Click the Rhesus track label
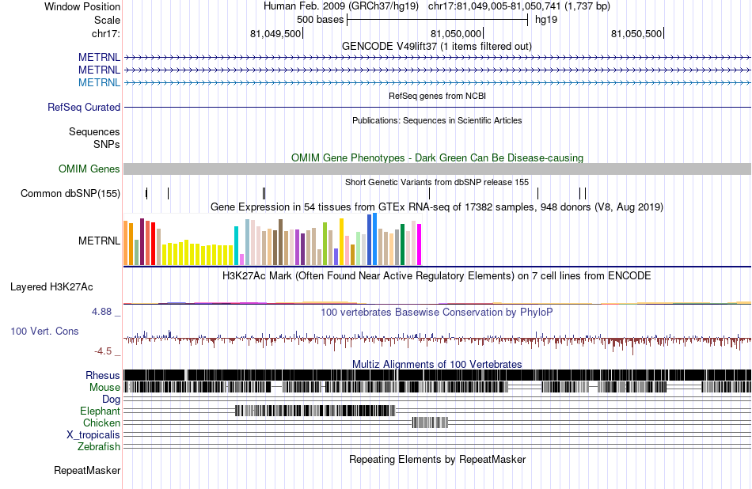point(103,375)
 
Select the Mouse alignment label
point(104,387)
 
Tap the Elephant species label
point(100,411)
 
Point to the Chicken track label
point(101,423)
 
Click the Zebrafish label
point(99,446)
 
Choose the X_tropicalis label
point(93,434)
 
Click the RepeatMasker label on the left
point(87,470)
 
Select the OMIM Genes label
point(89,169)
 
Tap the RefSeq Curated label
point(84,107)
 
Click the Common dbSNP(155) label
point(70,193)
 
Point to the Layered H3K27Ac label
point(65,286)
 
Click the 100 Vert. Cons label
point(44,331)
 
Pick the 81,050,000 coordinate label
point(455,34)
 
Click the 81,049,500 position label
point(275,34)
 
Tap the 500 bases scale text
point(320,20)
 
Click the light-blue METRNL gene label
point(99,82)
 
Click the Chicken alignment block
point(431,423)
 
